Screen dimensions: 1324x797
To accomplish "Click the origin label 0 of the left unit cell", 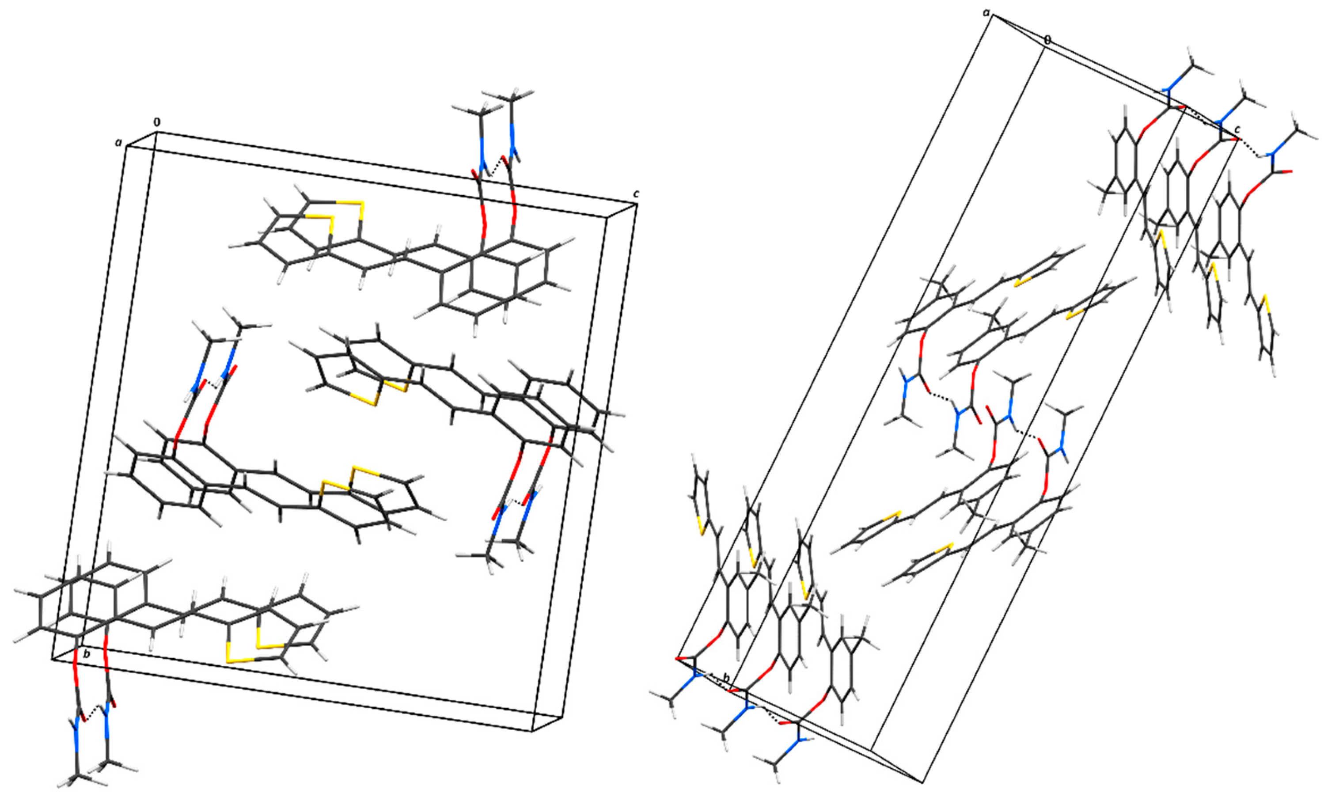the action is tap(157, 122).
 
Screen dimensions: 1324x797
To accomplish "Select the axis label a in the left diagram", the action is tap(118, 142).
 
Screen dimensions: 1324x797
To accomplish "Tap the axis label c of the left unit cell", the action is tap(636, 194).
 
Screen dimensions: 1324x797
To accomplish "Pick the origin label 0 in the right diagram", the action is tap(1047, 40).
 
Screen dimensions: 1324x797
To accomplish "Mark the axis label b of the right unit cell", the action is tap(726, 678).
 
